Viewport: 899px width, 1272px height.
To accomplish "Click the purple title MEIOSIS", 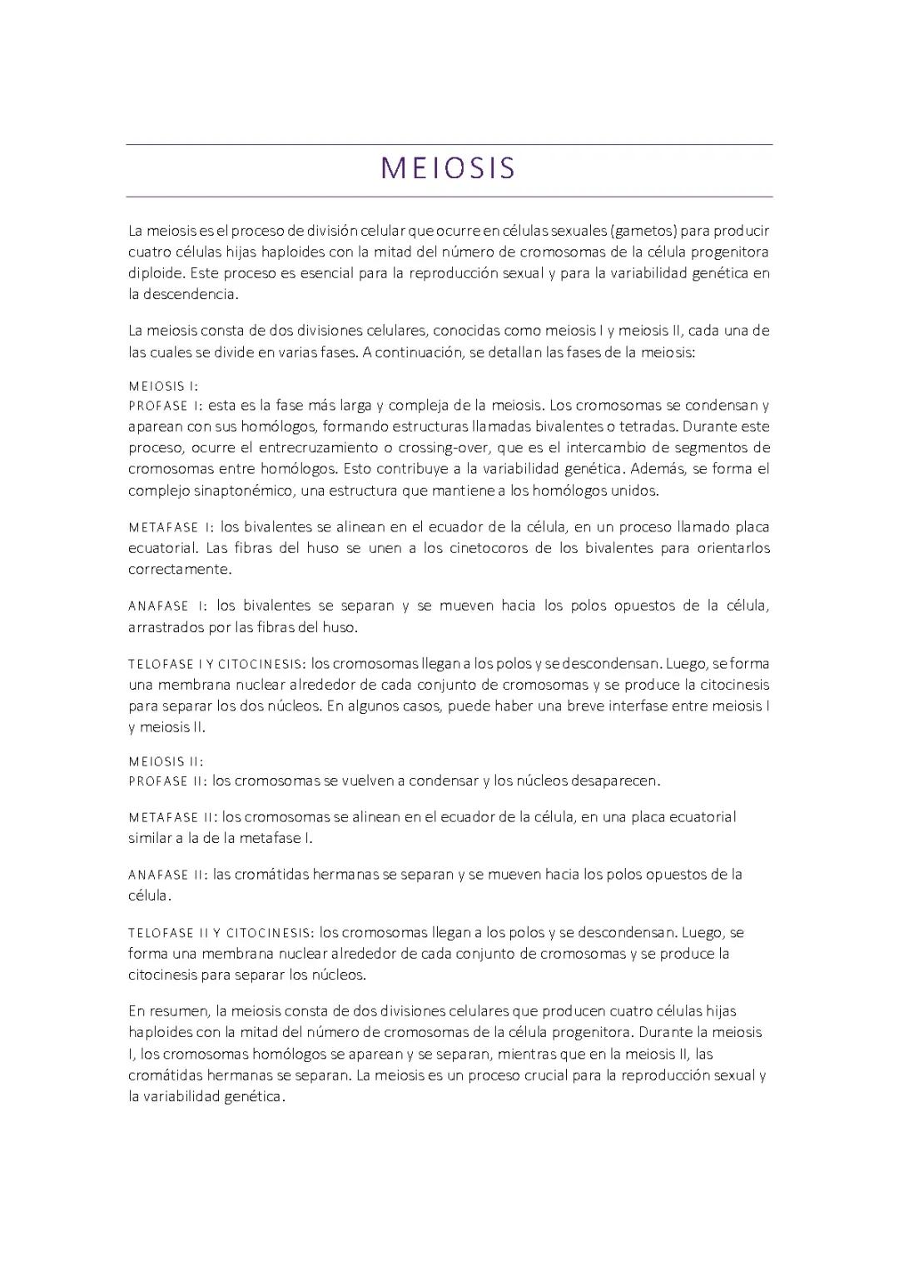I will [x=449, y=169].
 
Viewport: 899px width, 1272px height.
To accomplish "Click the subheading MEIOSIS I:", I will [x=163, y=387].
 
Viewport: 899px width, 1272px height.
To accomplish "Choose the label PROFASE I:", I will [x=165, y=407].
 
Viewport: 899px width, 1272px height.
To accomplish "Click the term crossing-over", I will [x=442, y=447].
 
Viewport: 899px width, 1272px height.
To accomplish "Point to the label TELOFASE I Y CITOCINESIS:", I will [x=216, y=665].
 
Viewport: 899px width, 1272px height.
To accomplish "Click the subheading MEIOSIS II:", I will [x=166, y=761].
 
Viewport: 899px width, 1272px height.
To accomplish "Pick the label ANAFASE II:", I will [x=167, y=875].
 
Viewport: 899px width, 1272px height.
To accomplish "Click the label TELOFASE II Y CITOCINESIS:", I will [x=220, y=933].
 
